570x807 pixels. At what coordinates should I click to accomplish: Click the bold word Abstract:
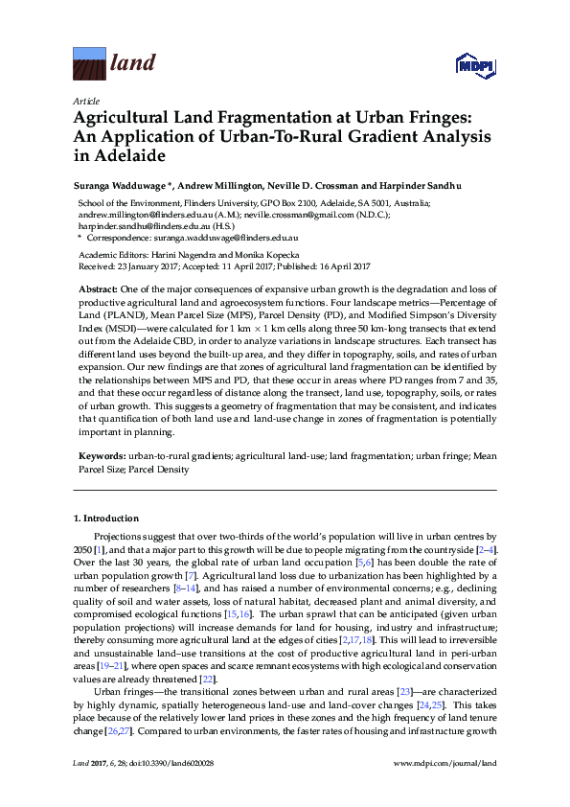coord(97,288)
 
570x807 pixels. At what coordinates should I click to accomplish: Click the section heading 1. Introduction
coord(106,519)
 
